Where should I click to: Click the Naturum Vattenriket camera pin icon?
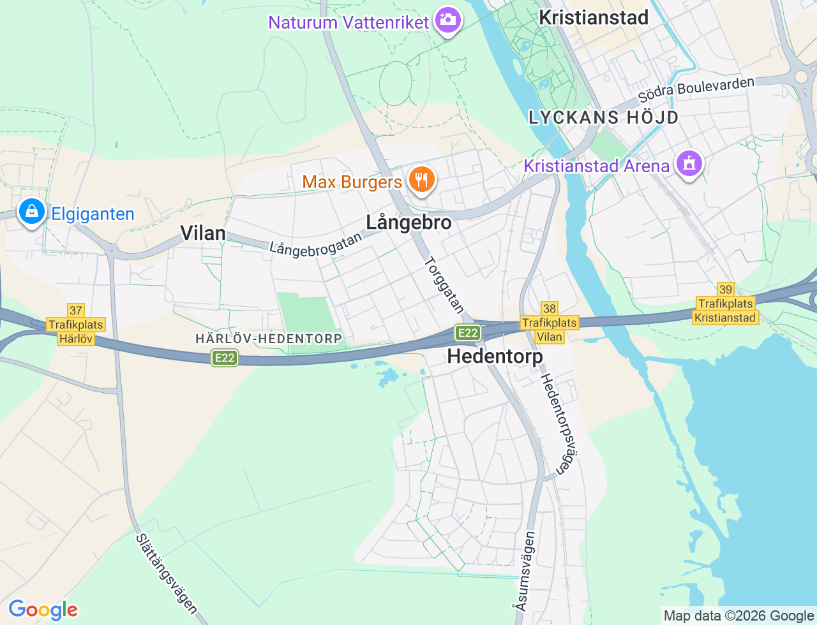pyautogui.click(x=448, y=20)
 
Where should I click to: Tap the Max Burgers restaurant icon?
pyautogui.click(x=421, y=180)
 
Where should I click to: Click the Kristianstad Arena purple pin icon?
pyautogui.click(x=688, y=164)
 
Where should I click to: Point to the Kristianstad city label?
pyautogui.click(x=594, y=17)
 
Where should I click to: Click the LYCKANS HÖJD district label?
pyautogui.click(x=603, y=117)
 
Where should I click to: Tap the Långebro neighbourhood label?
pyautogui.click(x=408, y=223)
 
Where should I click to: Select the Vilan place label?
pyautogui.click(x=203, y=233)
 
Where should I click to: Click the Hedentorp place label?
pyautogui.click(x=495, y=356)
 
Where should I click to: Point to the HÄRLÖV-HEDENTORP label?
pyautogui.click(x=269, y=339)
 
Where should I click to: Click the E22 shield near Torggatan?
pyautogui.click(x=468, y=332)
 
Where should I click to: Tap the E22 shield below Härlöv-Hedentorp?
pyautogui.click(x=225, y=358)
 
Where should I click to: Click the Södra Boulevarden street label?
pyautogui.click(x=696, y=89)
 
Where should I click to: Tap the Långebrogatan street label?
pyautogui.click(x=315, y=245)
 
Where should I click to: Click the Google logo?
pyautogui.click(x=43, y=610)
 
